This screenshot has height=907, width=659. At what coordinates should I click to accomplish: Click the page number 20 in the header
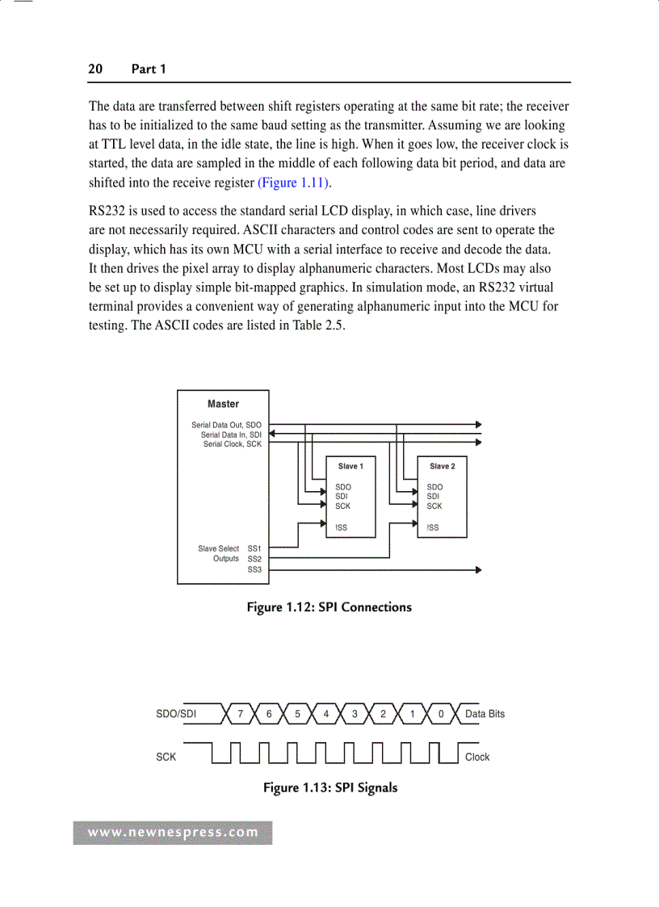pyautogui.click(x=95, y=69)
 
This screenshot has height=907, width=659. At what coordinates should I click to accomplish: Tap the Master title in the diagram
pyautogui.click(x=223, y=404)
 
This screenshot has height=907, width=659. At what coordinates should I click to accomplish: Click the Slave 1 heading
pyautogui.click(x=350, y=466)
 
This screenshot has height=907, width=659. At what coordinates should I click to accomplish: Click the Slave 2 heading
pyautogui.click(x=443, y=466)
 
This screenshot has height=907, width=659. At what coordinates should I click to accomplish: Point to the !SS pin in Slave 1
pyautogui.click(x=342, y=528)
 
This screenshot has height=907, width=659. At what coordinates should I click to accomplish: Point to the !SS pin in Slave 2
pyautogui.click(x=433, y=528)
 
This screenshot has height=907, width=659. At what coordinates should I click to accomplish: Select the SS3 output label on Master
pyautogui.click(x=254, y=569)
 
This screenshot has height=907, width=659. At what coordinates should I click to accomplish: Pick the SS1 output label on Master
pyautogui.click(x=254, y=548)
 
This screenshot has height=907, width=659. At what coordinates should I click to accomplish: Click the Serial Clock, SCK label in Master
pyautogui.click(x=232, y=444)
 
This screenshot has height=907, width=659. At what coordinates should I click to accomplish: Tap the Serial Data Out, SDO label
pyautogui.click(x=226, y=425)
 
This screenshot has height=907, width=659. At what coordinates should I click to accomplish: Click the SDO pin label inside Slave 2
pyautogui.click(x=434, y=487)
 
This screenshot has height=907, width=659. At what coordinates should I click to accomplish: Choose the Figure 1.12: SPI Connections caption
pyautogui.click(x=329, y=607)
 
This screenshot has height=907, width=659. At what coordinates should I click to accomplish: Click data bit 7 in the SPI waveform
pyautogui.click(x=240, y=714)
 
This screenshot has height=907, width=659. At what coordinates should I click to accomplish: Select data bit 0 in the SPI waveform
pyautogui.click(x=441, y=714)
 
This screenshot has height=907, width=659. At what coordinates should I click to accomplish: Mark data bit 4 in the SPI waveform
pyautogui.click(x=326, y=714)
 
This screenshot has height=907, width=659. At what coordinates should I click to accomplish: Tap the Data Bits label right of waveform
pyautogui.click(x=485, y=714)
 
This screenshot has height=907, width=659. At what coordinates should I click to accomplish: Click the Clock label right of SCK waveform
pyautogui.click(x=477, y=758)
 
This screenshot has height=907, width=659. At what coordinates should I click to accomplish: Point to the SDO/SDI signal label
pyautogui.click(x=176, y=714)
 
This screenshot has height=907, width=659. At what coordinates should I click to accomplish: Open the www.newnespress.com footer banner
pyautogui.click(x=173, y=833)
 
